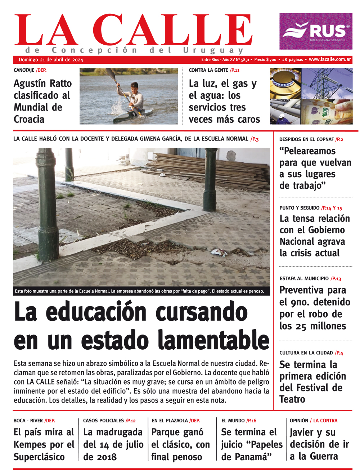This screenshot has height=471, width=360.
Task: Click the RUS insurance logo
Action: click(316, 31)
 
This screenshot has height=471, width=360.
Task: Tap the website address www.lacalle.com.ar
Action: click(330, 59)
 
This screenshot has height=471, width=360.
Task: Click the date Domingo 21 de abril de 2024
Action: click(51, 60)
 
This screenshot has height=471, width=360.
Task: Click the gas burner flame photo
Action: click(285, 83)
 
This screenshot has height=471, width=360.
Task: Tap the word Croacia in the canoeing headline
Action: click(29, 119)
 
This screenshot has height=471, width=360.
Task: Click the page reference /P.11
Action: click(234, 70)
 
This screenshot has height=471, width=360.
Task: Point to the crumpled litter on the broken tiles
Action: click(219, 252)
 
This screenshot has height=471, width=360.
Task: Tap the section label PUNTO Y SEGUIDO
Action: click(299, 208)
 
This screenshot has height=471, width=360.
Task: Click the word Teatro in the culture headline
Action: click(292, 399)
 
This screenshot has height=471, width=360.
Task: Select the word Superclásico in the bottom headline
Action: click(39, 457)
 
